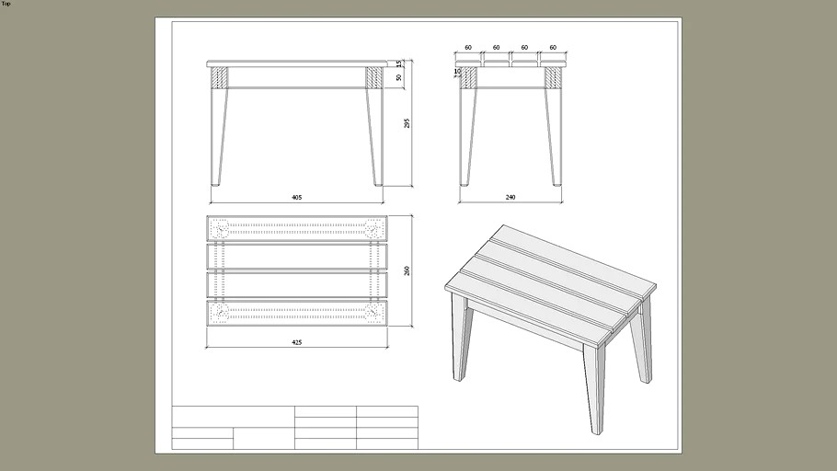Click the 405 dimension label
[x=297, y=197]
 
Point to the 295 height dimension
[x=407, y=123]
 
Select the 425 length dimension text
[x=297, y=341]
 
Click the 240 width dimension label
[x=510, y=197]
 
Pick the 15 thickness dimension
[x=398, y=63]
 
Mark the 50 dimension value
[x=398, y=78]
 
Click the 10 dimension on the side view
[x=457, y=71]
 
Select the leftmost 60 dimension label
[x=468, y=47]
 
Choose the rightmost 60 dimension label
[x=553, y=47]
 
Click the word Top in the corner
[x=6, y=4]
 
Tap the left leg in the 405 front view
[x=219, y=138]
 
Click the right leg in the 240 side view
[x=554, y=138]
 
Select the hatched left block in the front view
[x=218, y=77]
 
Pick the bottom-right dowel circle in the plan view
[x=373, y=313]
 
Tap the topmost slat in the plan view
[x=297, y=227]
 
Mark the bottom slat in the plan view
[x=297, y=313]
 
